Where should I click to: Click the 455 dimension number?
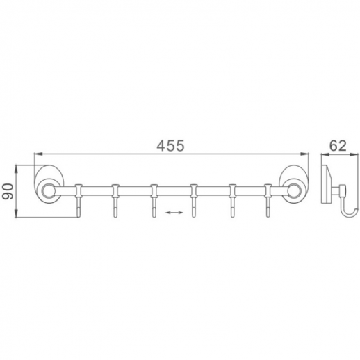170,146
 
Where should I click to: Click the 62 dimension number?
338,146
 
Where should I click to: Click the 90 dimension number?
8,191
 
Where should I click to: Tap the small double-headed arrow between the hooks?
174,212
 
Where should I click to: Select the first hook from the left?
79,201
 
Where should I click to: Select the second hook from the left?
115,201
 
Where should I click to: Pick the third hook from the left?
154,201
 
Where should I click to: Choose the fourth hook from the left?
193,201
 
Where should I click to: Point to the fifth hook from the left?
232,201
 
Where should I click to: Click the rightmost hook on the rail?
268,201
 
